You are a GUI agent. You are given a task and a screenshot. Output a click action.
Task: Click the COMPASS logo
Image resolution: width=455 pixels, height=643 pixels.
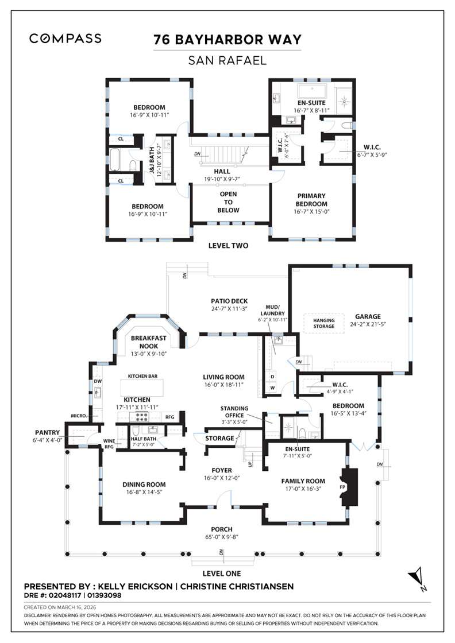click(x=65, y=38)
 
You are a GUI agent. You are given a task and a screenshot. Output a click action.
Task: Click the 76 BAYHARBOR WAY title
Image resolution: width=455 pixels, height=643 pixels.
click(x=227, y=40)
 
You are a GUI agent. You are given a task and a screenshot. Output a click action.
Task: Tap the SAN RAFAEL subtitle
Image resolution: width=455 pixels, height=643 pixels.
click(x=227, y=59)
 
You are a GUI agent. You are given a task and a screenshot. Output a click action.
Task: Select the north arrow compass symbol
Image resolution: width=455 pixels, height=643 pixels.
click(x=417, y=578)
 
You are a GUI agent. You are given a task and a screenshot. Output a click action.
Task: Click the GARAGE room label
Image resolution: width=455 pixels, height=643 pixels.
click(x=368, y=316)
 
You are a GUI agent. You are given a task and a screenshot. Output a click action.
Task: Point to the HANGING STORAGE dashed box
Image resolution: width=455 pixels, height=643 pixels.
click(x=323, y=323)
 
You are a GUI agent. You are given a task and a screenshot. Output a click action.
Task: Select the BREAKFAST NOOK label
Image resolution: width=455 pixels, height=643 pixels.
click(x=148, y=342)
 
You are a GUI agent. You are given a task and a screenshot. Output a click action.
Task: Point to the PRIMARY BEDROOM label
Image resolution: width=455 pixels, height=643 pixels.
click(x=311, y=200)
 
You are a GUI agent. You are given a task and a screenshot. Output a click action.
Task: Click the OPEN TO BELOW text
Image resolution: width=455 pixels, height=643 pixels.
click(x=228, y=202)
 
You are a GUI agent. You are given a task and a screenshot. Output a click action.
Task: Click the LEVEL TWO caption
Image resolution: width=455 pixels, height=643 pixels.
click(x=228, y=246)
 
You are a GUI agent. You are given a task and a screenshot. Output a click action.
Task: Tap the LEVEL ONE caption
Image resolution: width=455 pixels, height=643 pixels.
click(x=222, y=573)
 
